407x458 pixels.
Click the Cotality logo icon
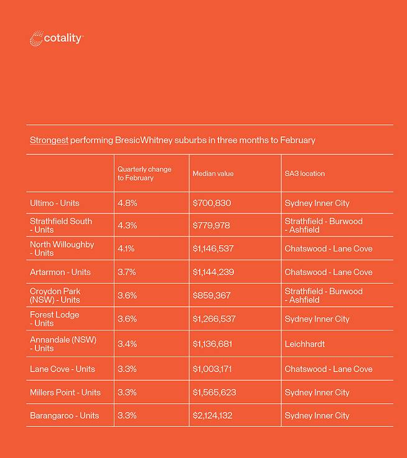[x=37, y=39]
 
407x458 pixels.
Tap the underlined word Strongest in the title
[x=49, y=140]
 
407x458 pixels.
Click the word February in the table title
[x=297, y=140]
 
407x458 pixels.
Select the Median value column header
[x=213, y=174]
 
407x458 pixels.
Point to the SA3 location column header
[x=304, y=174]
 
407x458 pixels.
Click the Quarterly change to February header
[x=144, y=174]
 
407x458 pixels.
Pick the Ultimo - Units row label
[x=55, y=203]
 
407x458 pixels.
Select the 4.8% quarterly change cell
[x=127, y=203]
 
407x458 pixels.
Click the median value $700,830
[x=212, y=203]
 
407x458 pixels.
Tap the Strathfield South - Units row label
[x=61, y=225]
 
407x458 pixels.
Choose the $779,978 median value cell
[x=212, y=225]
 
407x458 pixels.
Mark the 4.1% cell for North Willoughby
[x=126, y=248]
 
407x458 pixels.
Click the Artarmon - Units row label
[x=60, y=272]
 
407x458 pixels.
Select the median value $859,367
[x=212, y=296]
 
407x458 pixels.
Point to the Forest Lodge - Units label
[x=55, y=319]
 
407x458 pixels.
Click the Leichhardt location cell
[x=305, y=343]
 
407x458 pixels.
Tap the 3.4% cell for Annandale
[x=127, y=343]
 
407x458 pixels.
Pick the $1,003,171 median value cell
[x=213, y=369]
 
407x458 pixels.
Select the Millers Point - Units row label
[x=65, y=393]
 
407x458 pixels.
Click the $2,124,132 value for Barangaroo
[x=213, y=416]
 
